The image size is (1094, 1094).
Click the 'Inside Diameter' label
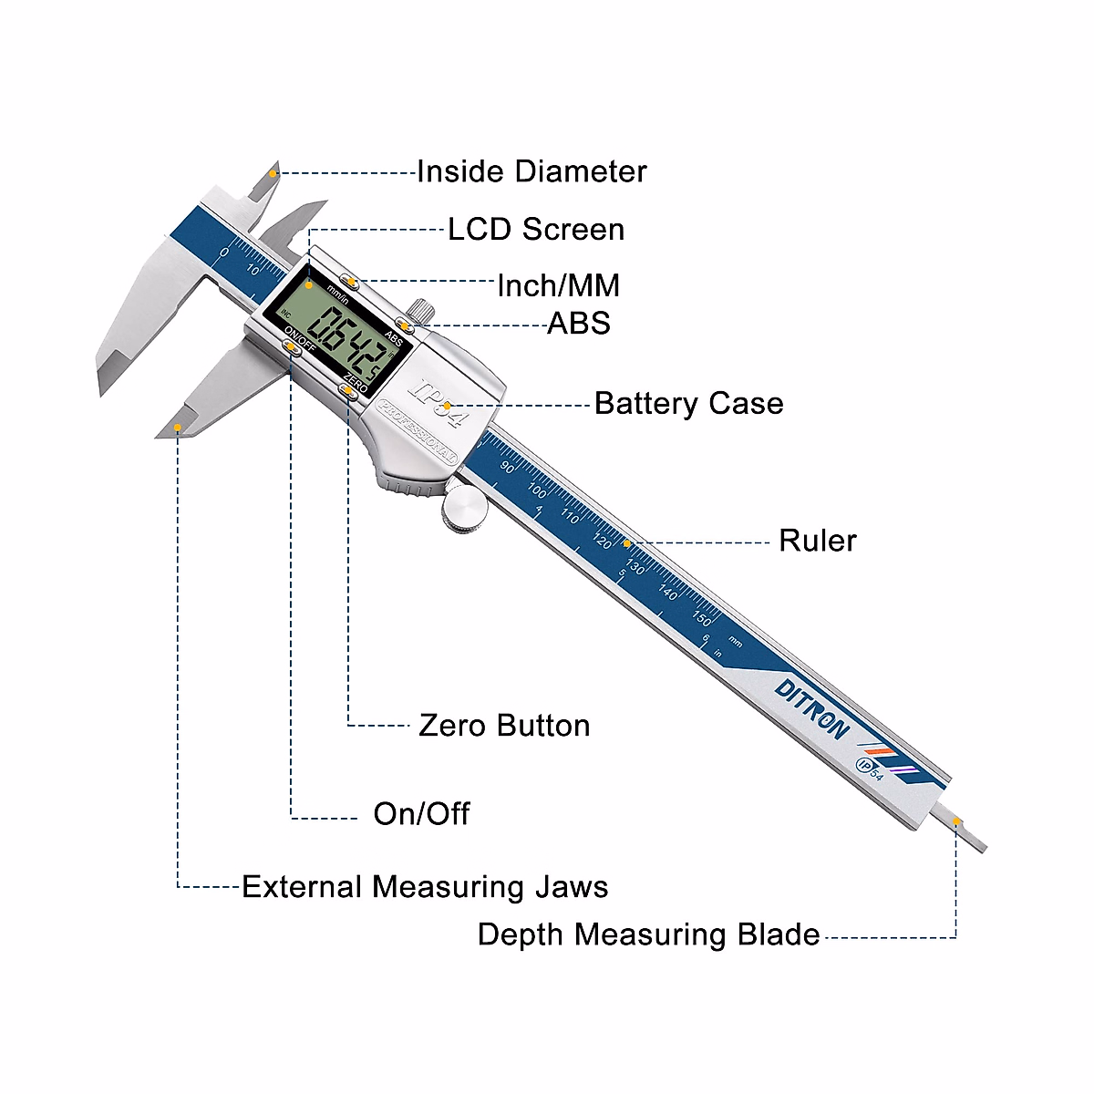pos(532,171)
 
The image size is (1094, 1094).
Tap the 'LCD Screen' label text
pos(536,229)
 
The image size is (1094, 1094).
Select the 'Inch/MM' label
pos(558,285)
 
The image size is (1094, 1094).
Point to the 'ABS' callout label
pos(578,323)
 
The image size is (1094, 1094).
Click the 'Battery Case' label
pos(688,403)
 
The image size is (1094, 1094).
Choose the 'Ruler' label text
pos(817,541)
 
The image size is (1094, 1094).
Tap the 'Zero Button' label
pos(504,726)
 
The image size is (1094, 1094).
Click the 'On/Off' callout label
pos(421,813)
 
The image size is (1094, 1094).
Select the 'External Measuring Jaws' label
pos(425,886)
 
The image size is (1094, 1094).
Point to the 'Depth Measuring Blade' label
pos(648,934)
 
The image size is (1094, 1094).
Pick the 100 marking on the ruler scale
pos(538,492)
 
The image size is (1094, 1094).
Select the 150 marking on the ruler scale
pos(701,619)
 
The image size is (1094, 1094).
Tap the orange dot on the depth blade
pos(957,822)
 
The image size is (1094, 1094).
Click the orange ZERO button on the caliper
pos(348,391)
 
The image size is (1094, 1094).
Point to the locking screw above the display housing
pos(417,310)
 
